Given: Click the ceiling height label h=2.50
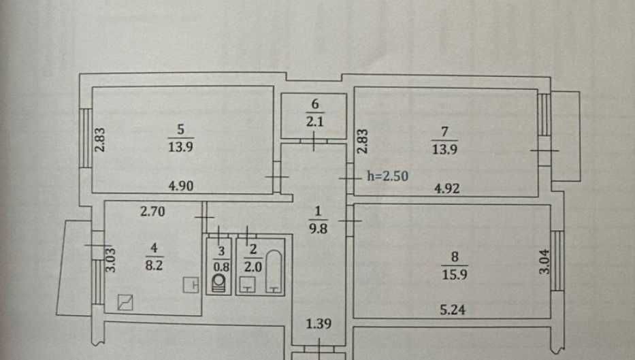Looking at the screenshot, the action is coord(387,176).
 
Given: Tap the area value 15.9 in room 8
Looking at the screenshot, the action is coord(455,274).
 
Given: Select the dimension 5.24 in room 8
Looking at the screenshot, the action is coord(453,310).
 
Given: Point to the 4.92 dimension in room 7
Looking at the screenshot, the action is coord(446,189).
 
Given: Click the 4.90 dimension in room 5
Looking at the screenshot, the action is coord(180,186).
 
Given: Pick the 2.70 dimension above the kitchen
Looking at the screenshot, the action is coord(152,211).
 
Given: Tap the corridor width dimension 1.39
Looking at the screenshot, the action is coord(319,323).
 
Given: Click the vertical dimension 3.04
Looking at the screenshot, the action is coord(545,261).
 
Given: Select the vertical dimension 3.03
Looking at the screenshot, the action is coord(110,259).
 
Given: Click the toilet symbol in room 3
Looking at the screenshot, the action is coord(219,282).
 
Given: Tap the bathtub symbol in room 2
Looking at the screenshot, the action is coord(274,271).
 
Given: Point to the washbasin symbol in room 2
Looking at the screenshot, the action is coord(247,284).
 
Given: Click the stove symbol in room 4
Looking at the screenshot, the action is coord(191,284).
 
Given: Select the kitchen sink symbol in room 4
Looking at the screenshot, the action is coord(125,303).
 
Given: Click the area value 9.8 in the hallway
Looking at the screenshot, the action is coord(318,229).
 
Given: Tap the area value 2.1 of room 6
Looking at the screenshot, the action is coord(314,122).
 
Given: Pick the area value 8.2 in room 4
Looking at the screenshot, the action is coord(154,265).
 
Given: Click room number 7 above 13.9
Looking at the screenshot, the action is coord(444,131).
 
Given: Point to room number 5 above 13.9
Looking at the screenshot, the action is coord(180,129).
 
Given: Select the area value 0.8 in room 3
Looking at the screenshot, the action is coord(221,267).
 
